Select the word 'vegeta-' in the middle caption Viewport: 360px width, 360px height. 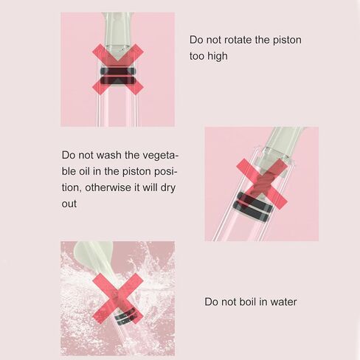(160, 156)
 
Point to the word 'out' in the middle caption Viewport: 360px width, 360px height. (69, 204)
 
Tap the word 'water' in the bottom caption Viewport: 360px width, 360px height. (283, 302)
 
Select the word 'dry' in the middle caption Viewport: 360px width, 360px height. (168, 188)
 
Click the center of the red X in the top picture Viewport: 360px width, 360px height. (118, 69)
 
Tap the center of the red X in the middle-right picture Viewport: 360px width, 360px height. (262, 184)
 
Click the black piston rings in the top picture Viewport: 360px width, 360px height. (118, 75)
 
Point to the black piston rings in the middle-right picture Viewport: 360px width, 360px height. (252, 206)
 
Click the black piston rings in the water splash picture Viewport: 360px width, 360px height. (125, 315)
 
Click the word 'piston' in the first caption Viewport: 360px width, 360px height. (287, 41)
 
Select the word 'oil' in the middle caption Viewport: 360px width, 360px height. (84, 171)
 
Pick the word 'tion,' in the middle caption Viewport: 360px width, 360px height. (72, 188)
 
